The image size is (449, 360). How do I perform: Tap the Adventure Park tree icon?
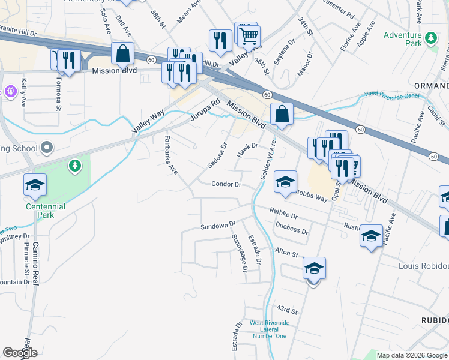431,40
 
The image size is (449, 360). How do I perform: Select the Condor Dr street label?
226,184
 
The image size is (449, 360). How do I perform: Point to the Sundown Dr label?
218,226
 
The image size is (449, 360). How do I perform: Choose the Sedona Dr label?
217,155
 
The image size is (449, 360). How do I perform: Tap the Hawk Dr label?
247,150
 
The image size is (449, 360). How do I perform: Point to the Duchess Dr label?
291,227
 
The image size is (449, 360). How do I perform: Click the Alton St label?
286,253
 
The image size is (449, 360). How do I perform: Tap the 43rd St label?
287,310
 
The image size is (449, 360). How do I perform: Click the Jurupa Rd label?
205,112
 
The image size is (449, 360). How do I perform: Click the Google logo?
20,352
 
